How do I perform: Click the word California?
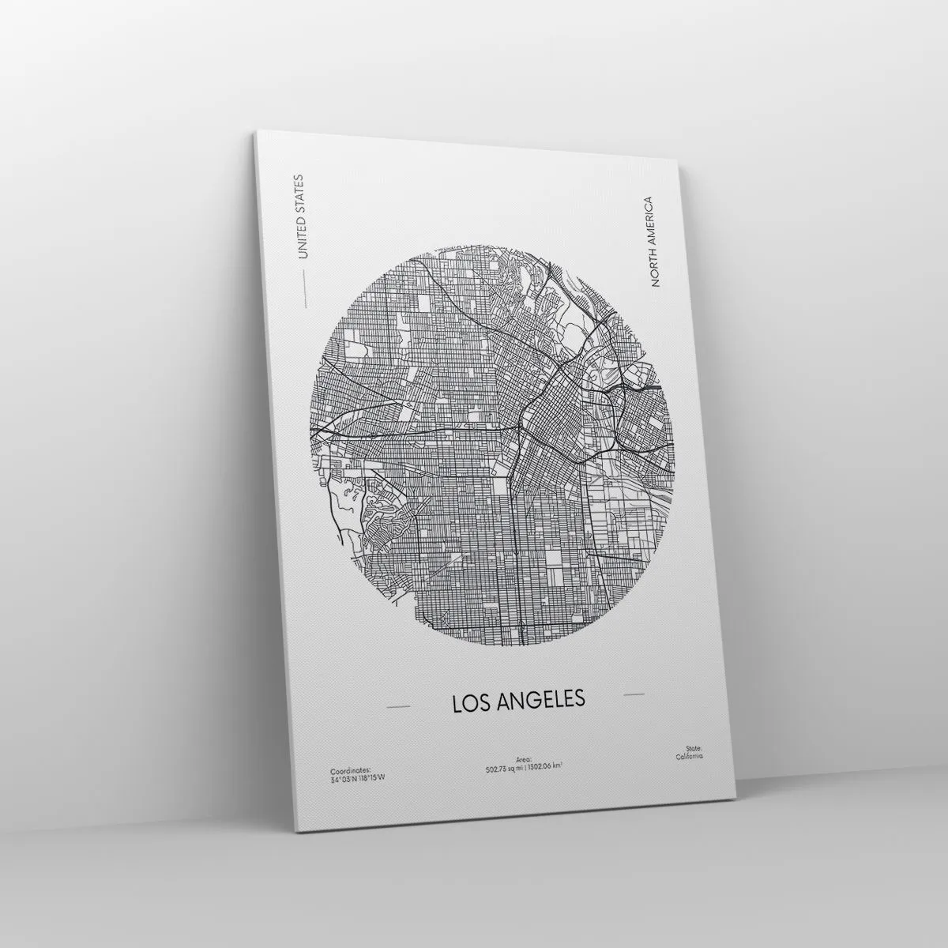689,756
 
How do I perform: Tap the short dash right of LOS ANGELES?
634,694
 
